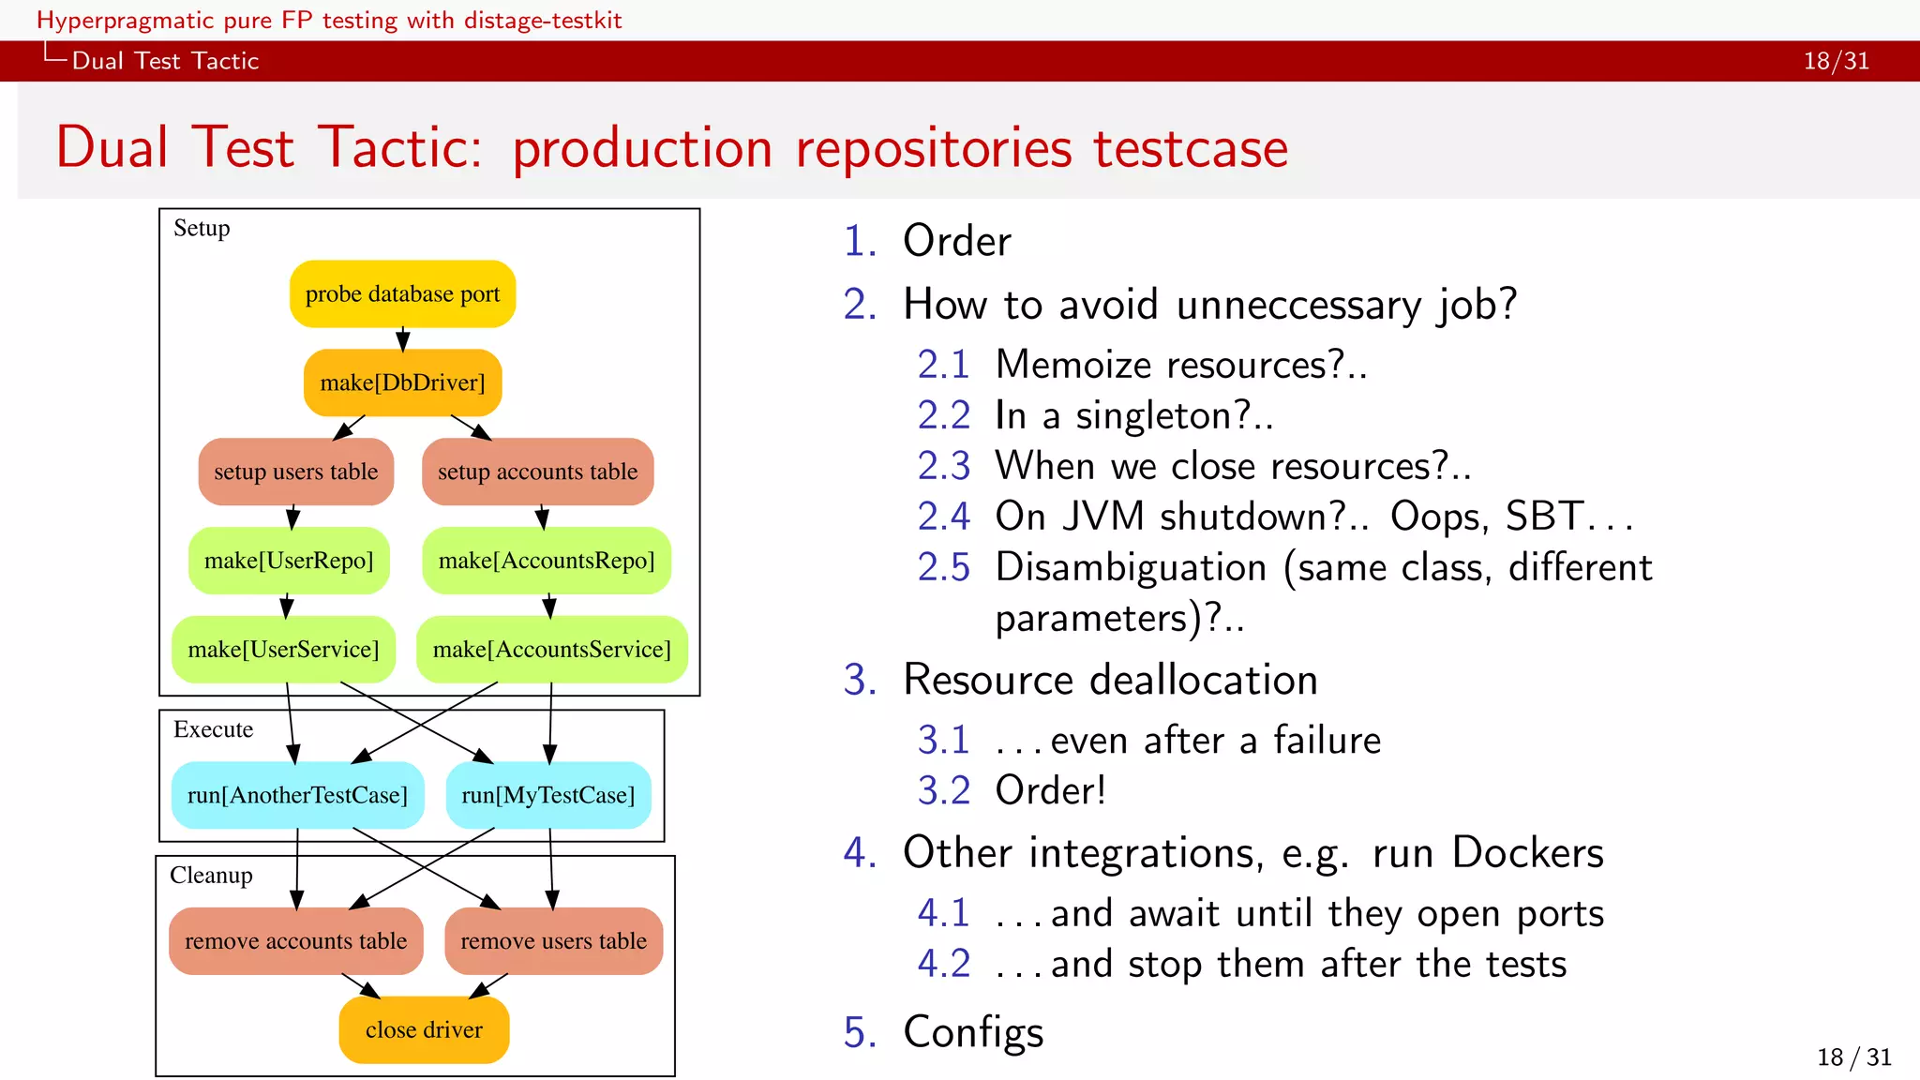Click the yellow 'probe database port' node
(402, 294)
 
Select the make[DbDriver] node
(402, 382)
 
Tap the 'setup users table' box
(295, 472)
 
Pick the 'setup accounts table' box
(537, 472)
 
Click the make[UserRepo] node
(289, 561)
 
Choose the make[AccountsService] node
(551, 649)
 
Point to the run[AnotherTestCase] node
(297, 795)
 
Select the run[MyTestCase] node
(547, 795)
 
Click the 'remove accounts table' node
(295, 940)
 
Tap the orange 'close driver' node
(424, 1029)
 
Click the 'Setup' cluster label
(202, 228)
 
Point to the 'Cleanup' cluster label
(211, 875)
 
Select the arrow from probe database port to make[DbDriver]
(402, 338)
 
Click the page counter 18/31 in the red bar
(1836, 61)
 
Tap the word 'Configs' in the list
(973, 1031)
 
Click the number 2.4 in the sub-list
(943, 517)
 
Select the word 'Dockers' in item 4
(1527, 853)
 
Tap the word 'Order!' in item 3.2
(1050, 790)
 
